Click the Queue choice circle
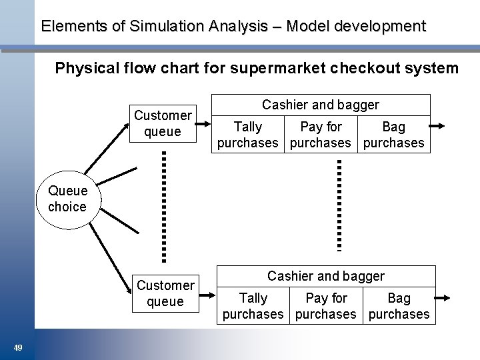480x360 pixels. pos(67,199)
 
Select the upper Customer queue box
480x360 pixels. pos(163,123)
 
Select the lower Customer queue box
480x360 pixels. pos(165,293)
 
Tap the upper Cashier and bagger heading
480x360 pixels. pos(320,105)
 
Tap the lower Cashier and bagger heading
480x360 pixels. pos(325,276)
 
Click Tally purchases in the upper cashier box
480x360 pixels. pos(248,135)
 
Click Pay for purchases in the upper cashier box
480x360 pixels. pos(321,135)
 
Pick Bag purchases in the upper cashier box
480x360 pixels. pos(393,135)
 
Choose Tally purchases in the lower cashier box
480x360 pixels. pos(253,306)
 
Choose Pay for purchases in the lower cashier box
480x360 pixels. pos(326,306)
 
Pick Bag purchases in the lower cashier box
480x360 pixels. pos(399,306)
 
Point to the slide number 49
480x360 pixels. pos(18,347)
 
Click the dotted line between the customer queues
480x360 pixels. pos(164,207)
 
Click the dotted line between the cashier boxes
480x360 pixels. pos(339,205)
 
